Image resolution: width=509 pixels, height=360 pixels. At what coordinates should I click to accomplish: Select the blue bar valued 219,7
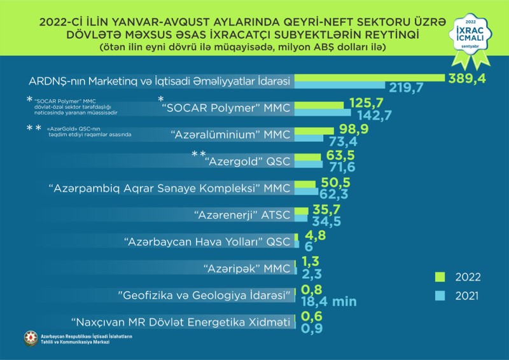(x=340, y=85)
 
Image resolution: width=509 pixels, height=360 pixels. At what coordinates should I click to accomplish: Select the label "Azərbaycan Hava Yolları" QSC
(x=207, y=242)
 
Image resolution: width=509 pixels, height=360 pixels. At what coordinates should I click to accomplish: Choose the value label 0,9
(x=312, y=329)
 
